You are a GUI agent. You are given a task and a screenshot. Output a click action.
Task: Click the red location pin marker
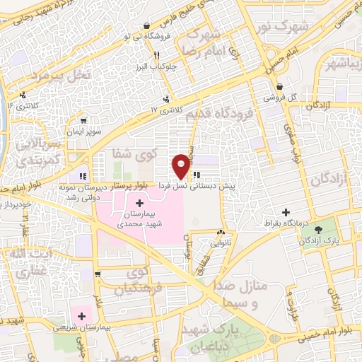[181, 166]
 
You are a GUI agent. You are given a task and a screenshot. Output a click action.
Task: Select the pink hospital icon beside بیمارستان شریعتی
[82, 315]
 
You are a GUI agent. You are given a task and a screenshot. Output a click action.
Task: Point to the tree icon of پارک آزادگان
[317, 229]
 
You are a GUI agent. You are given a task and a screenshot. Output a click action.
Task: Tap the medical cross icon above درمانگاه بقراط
[286, 212]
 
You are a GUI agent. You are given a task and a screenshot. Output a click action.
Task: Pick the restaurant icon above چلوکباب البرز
[157, 54]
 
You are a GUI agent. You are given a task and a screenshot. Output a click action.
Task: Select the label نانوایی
[222, 243]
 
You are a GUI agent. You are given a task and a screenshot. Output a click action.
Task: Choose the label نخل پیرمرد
[62, 74]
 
